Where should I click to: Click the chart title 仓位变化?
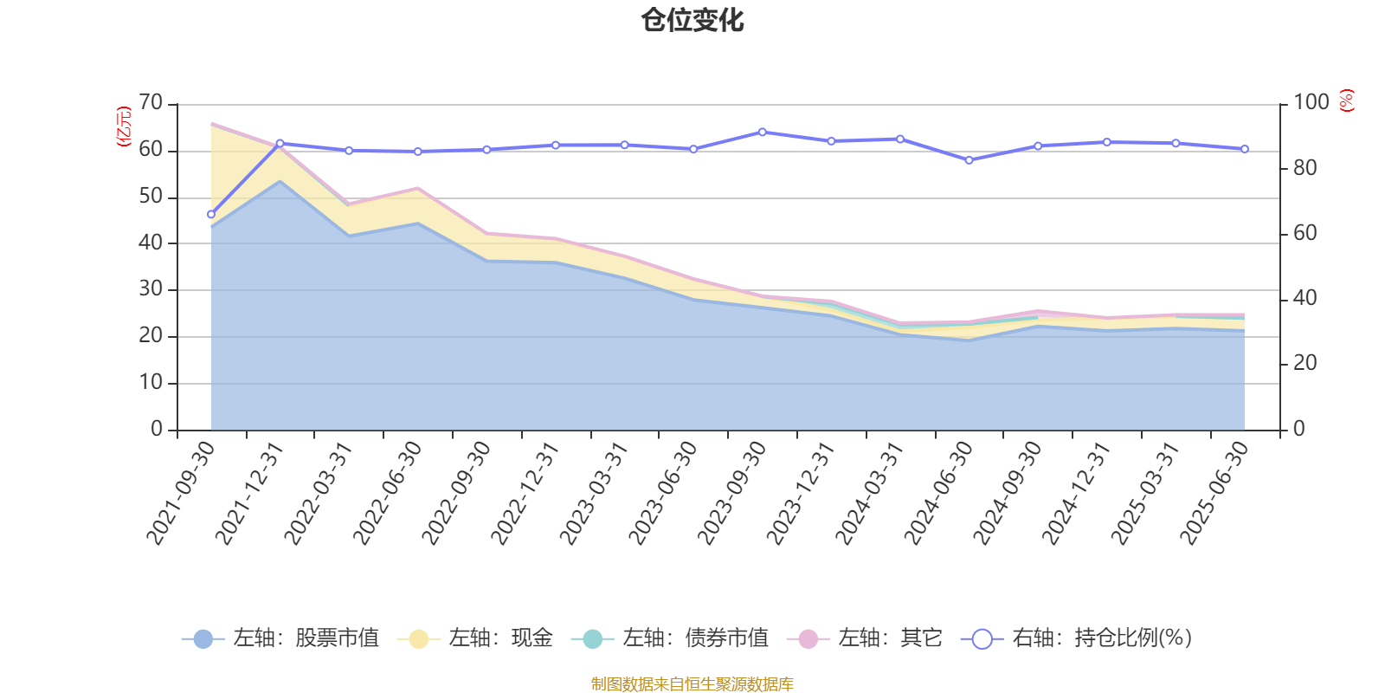(692, 20)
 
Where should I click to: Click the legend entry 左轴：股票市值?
(281, 638)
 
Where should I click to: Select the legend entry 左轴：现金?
(476, 638)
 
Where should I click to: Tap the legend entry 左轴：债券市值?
(671, 638)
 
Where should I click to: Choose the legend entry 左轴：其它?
(865, 638)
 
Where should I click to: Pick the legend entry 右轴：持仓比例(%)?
(1077, 638)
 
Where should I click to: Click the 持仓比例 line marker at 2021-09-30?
(211, 214)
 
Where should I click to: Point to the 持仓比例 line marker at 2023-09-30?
(762, 133)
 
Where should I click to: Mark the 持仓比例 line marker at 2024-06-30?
(969, 160)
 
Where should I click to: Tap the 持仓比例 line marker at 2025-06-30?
(1245, 149)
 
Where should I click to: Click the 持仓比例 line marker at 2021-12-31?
(280, 143)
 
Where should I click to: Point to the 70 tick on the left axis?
(151, 103)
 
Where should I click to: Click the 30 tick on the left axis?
(151, 289)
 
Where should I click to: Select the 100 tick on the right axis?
(1311, 103)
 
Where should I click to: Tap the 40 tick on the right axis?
(1305, 299)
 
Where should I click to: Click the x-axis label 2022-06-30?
(388, 493)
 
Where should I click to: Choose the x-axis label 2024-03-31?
(871, 493)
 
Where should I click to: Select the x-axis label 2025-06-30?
(1216, 493)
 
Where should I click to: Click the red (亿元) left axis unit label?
(124, 126)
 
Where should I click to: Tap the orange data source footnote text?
(692, 684)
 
